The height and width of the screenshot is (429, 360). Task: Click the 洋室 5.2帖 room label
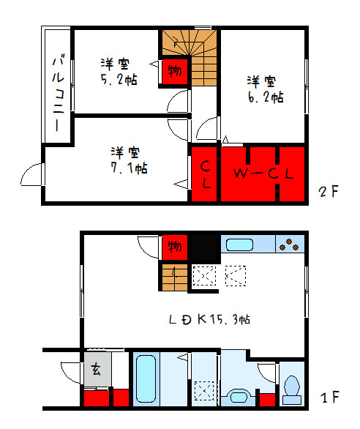(117, 72)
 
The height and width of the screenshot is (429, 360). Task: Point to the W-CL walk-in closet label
(263, 174)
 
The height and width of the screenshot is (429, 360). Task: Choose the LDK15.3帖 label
(211, 319)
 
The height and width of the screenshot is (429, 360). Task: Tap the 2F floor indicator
(329, 193)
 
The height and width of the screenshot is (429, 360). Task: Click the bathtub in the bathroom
(147, 378)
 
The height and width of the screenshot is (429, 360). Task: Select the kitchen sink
(239, 244)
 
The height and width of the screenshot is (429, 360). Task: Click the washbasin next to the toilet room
(238, 396)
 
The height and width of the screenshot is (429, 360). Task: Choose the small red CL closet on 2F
(204, 174)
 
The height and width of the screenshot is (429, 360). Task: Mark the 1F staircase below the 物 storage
(173, 277)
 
